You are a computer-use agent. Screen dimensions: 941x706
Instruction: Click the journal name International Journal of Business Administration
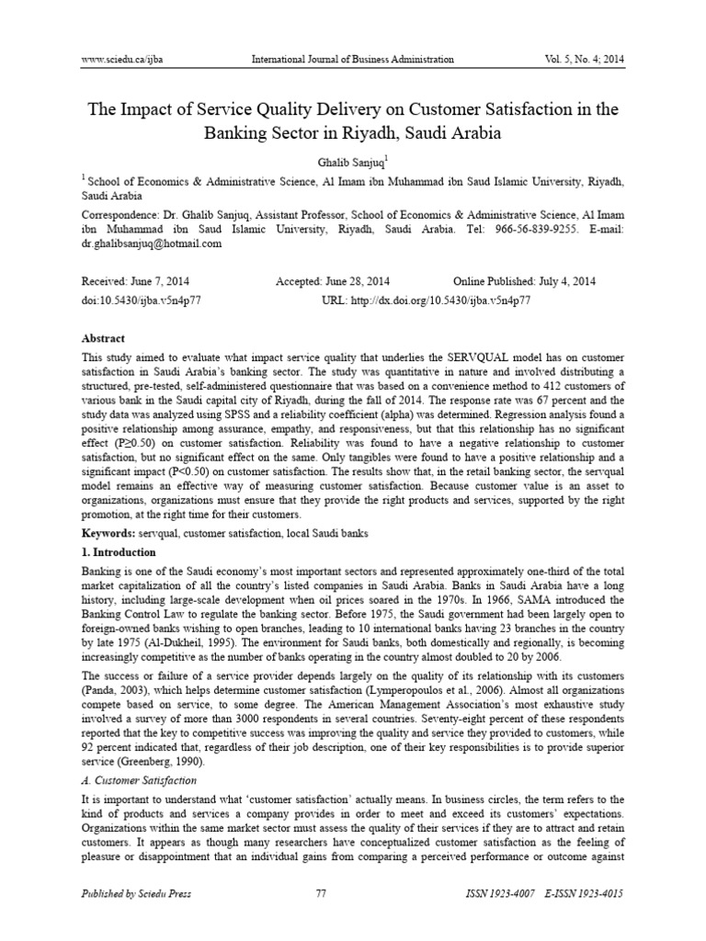pos(352,60)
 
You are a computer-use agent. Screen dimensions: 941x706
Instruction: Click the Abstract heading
pos(104,338)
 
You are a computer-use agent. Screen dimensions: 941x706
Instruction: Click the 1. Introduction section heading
pos(120,552)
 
